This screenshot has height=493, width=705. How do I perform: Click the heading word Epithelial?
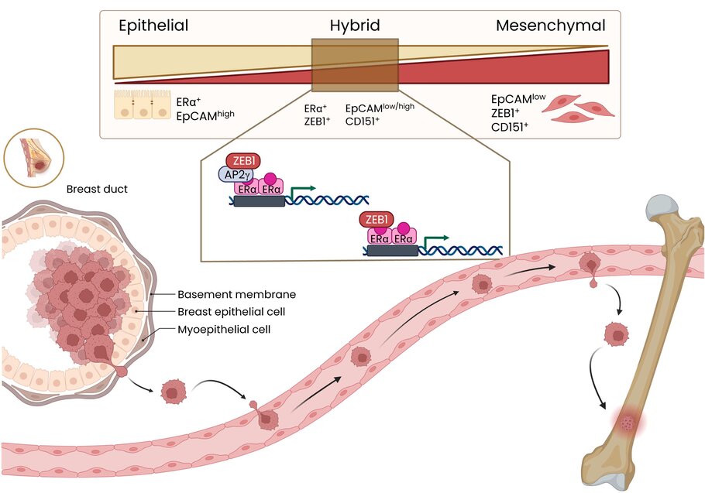pyautogui.click(x=153, y=26)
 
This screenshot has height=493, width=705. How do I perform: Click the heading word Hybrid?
pyautogui.click(x=354, y=26)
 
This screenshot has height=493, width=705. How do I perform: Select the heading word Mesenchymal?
pyautogui.click(x=550, y=26)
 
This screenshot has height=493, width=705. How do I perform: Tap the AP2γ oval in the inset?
pyautogui.click(x=232, y=175)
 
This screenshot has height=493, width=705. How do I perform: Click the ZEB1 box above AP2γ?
pyautogui.click(x=243, y=160)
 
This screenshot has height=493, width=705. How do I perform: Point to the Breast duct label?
pyautogui.click(x=97, y=189)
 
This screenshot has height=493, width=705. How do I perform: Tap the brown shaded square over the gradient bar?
pyautogui.click(x=355, y=68)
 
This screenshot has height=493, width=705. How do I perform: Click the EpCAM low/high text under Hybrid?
pyautogui.click(x=379, y=108)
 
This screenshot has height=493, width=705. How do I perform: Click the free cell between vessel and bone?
pyautogui.click(x=617, y=334)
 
